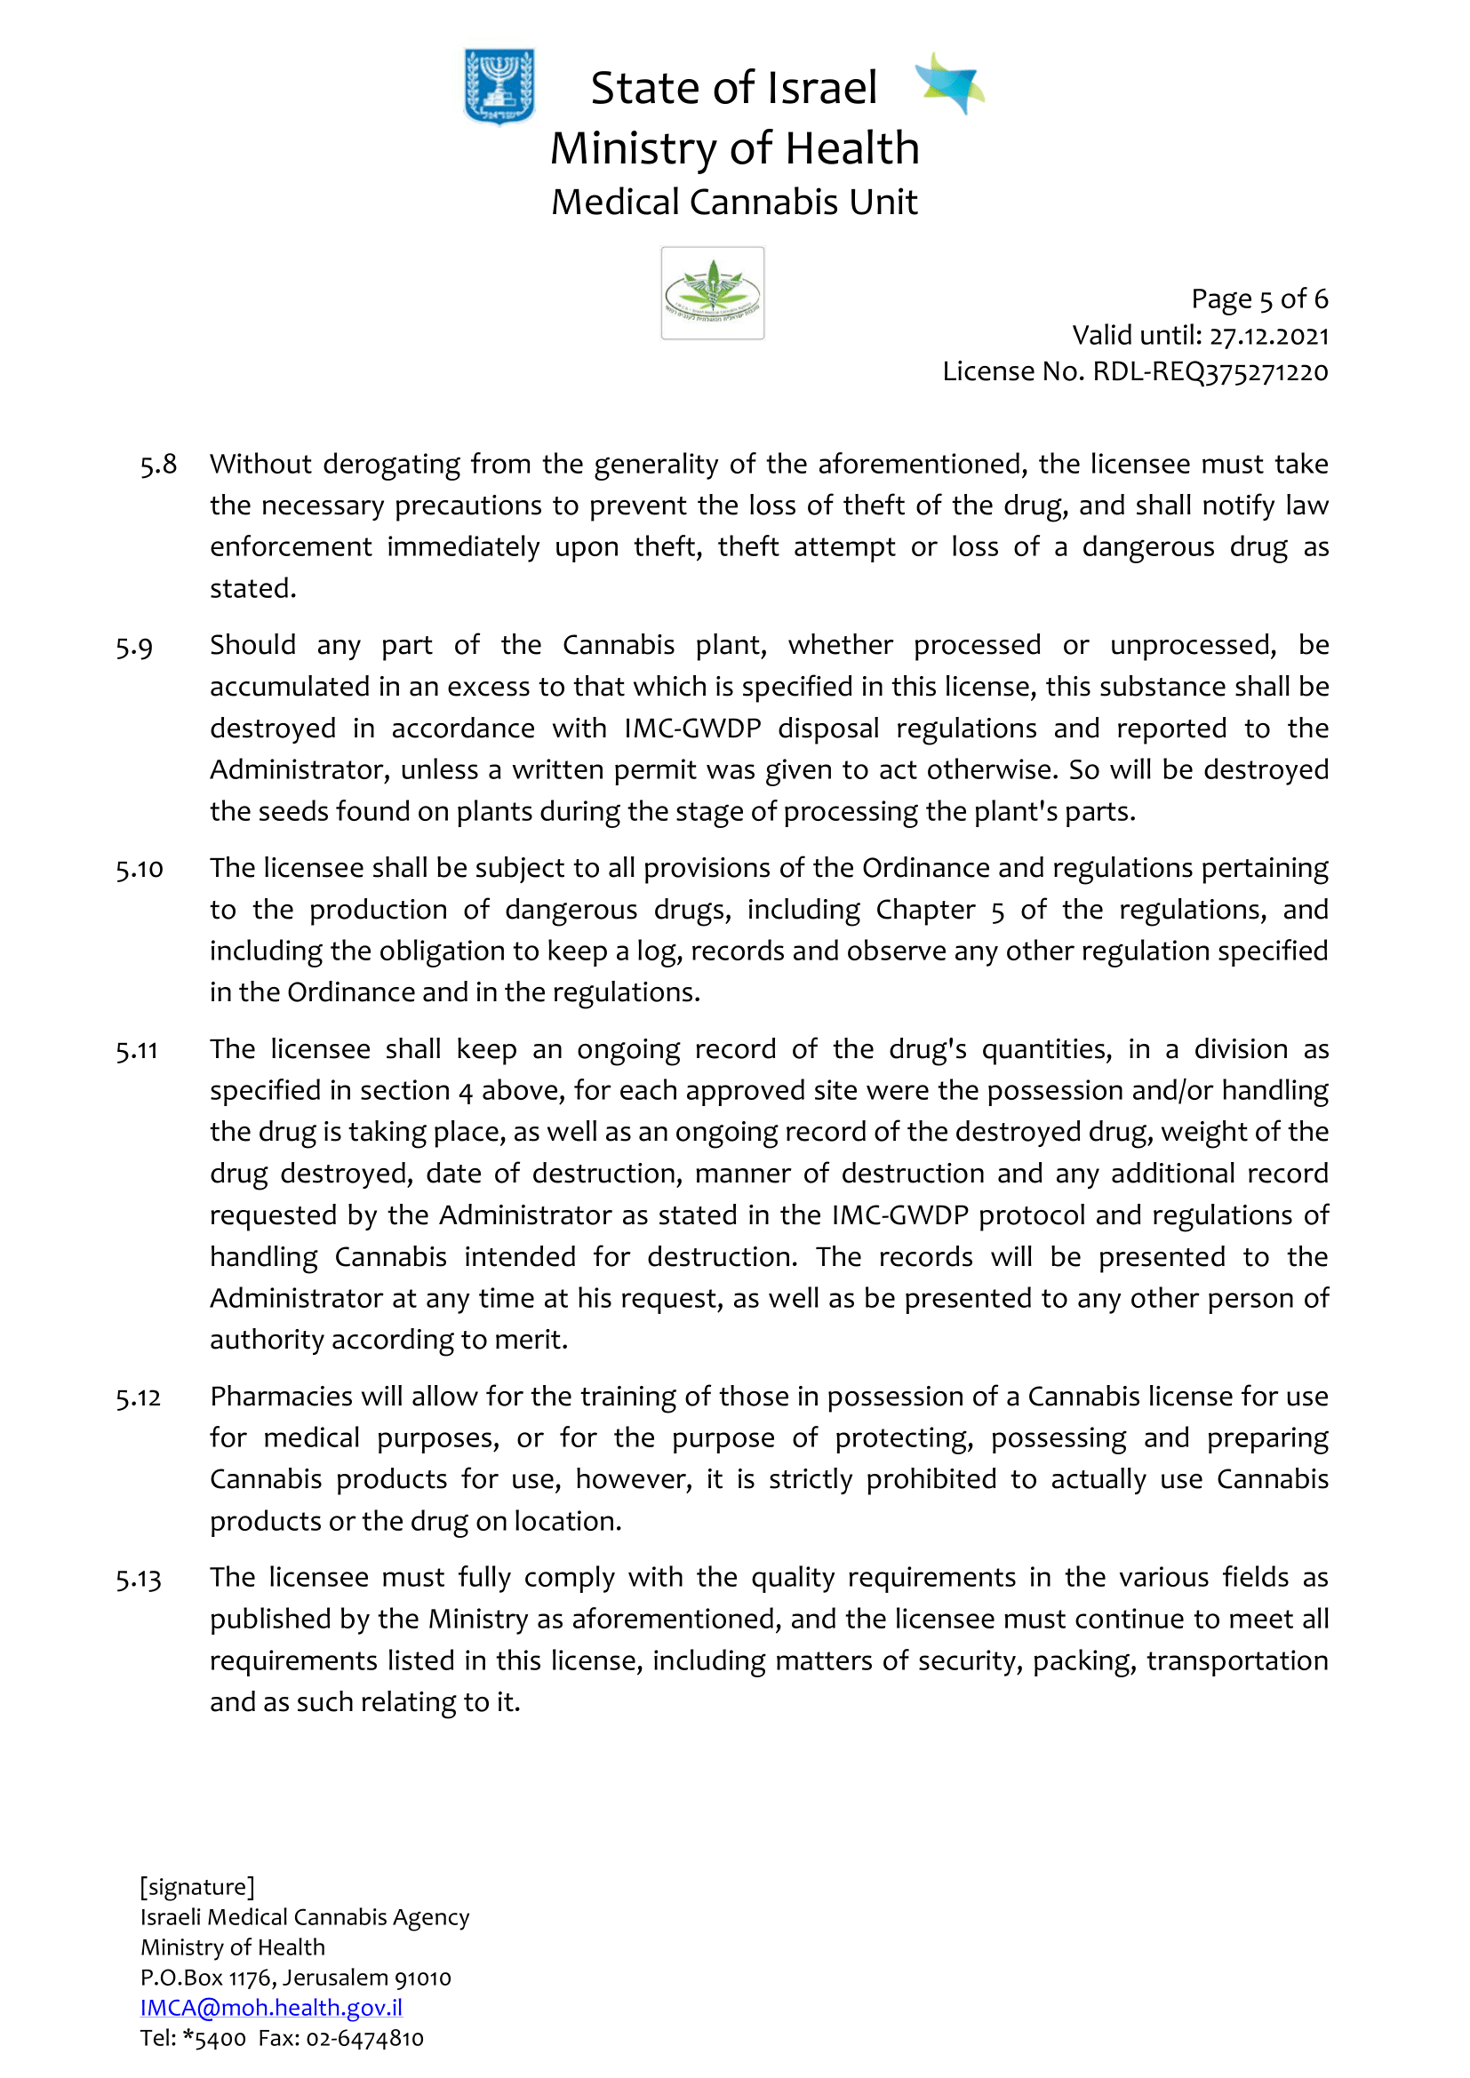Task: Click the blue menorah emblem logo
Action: pos(499,86)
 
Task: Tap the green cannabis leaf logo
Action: pos(713,293)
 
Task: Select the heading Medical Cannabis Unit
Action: pos(734,202)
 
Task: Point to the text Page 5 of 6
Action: pos(1259,299)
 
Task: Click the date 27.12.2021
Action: pos(1269,336)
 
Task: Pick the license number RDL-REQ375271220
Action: pos(1210,372)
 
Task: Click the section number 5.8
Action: pos(158,465)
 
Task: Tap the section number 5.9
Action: pos(134,647)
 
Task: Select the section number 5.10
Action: pos(140,870)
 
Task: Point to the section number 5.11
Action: pos(137,1051)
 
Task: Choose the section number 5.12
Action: pos(139,1398)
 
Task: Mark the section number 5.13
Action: pos(139,1580)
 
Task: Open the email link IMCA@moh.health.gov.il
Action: pos(271,2008)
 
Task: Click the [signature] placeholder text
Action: pos(197,1886)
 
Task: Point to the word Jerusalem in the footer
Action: pos(335,1978)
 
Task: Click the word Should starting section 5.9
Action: pos(252,645)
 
